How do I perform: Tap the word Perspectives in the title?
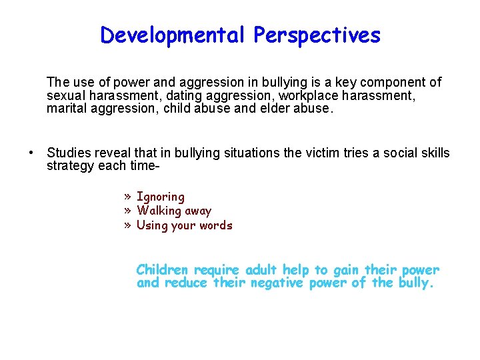pyautogui.click(x=317, y=35)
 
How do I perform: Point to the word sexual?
pyautogui.click(x=65, y=95)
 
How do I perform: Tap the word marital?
pyautogui.click(x=65, y=107)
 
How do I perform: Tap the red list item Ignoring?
pyautogui.click(x=160, y=197)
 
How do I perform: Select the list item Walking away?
pyautogui.click(x=173, y=211)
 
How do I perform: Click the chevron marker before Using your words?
pyautogui.click(x=127, y=225)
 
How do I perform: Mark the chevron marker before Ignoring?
pyautogui.click(x=127, y=197)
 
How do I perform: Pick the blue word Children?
pyautogui.click(x=162, y=270)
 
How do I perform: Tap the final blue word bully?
pyautogui.click(x=417, y=283)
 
